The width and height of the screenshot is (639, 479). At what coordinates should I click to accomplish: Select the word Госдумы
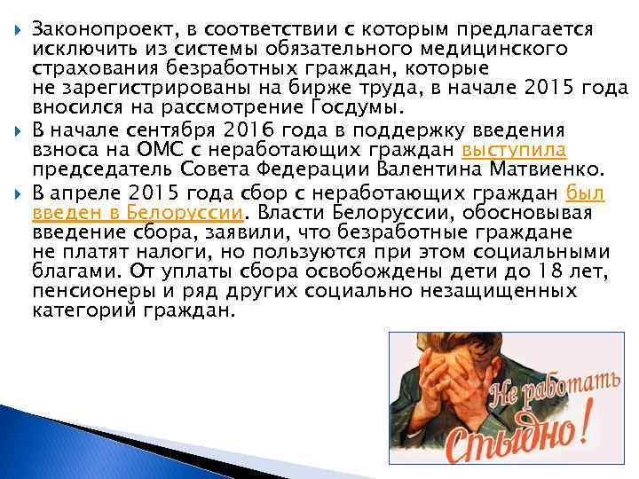click(365, 108)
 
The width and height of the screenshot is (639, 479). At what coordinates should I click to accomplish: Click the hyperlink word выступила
click(515, 149)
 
